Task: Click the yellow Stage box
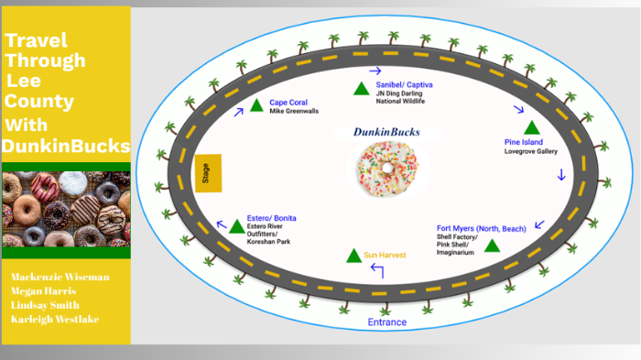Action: click(206, 174)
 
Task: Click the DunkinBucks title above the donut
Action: click(386, 132)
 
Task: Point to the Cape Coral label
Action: click(288, 102)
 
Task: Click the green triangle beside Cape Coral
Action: click(255, 106)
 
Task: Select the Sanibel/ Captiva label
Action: click(404, 84)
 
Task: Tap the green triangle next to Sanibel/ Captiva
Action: click(361, 89)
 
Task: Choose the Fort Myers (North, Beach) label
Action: click(481, 227)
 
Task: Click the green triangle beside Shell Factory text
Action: click(492, 245)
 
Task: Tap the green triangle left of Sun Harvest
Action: click(353, 255)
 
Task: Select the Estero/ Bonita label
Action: click(271, 218)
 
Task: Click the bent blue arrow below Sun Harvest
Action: click(375, 269)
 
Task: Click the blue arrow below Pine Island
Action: click(561, 174)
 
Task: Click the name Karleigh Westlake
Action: click(55, 319)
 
